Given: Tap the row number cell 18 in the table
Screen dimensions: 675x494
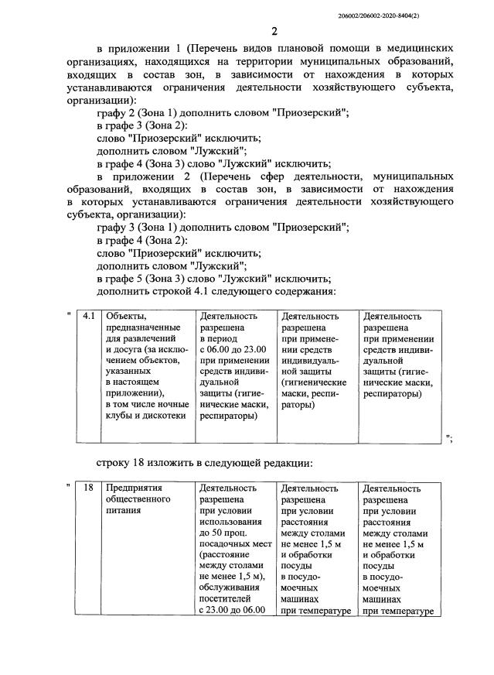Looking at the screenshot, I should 88,488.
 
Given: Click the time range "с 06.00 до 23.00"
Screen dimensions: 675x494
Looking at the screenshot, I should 233,349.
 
